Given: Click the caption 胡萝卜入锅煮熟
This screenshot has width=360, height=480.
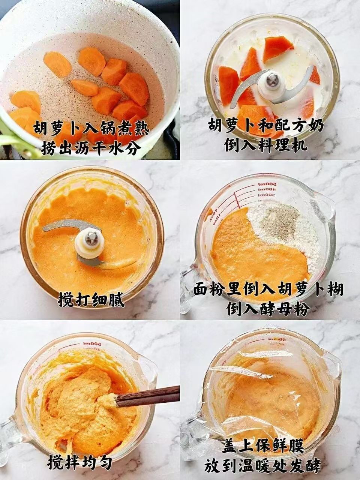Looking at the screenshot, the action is coord(91,129).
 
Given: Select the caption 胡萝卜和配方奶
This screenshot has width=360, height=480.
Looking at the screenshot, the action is coord(266,126).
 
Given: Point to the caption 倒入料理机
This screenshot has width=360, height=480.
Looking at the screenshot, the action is coord(266,145).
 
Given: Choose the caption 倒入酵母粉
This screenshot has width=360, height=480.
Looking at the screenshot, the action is coord(268,309).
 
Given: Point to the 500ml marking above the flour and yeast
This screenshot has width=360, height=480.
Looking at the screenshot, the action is coord(267,184).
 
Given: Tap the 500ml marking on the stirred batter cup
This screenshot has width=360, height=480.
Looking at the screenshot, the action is coord(92,343).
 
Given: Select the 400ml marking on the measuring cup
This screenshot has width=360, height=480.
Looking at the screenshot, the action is coord(267,189).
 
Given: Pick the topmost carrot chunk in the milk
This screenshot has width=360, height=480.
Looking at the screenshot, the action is coord(277,49).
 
